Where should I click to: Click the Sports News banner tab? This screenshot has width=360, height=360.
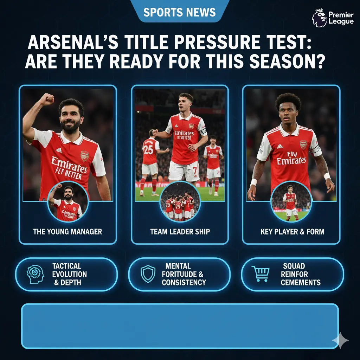point(180,12)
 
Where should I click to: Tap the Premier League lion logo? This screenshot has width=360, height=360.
point(319,18)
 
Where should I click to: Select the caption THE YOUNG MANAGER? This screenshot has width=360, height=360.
point(67,232)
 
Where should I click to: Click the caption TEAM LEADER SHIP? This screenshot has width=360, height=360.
point(180,232)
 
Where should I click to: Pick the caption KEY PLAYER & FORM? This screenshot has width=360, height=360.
point(292,232)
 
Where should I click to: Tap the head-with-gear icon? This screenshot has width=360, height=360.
point(36,274)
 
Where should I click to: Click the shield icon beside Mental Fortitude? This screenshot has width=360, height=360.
point(148,274)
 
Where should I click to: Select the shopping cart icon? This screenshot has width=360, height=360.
point(261,274)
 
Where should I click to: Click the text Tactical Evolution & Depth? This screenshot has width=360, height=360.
point(69,274)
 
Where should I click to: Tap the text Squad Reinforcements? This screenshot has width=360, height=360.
point(300,274)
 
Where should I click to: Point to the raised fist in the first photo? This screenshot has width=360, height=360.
point(46,99)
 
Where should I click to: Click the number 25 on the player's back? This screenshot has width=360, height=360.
point(148,149)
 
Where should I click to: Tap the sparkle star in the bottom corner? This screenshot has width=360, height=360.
point(340,340)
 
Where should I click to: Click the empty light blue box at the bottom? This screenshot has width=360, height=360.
point(180,326)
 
